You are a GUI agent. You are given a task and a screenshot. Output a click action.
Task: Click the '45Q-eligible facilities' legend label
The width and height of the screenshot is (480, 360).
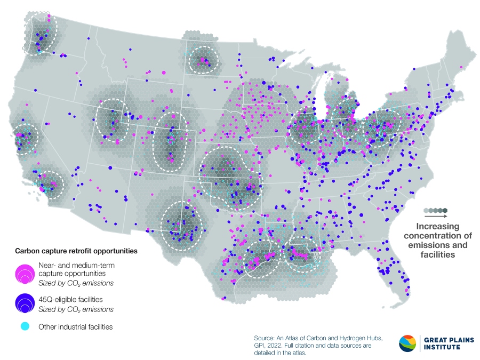[71, 300]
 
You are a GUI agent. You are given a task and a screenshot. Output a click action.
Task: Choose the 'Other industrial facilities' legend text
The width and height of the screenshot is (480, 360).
[75, 326]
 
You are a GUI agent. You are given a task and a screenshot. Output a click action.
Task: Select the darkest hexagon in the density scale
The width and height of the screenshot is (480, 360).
[445, 210]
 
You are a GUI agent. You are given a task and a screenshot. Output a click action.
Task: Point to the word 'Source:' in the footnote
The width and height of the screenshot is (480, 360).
[265, 338]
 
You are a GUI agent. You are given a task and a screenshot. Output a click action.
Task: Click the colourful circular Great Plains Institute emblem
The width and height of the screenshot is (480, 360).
[408, 343]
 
